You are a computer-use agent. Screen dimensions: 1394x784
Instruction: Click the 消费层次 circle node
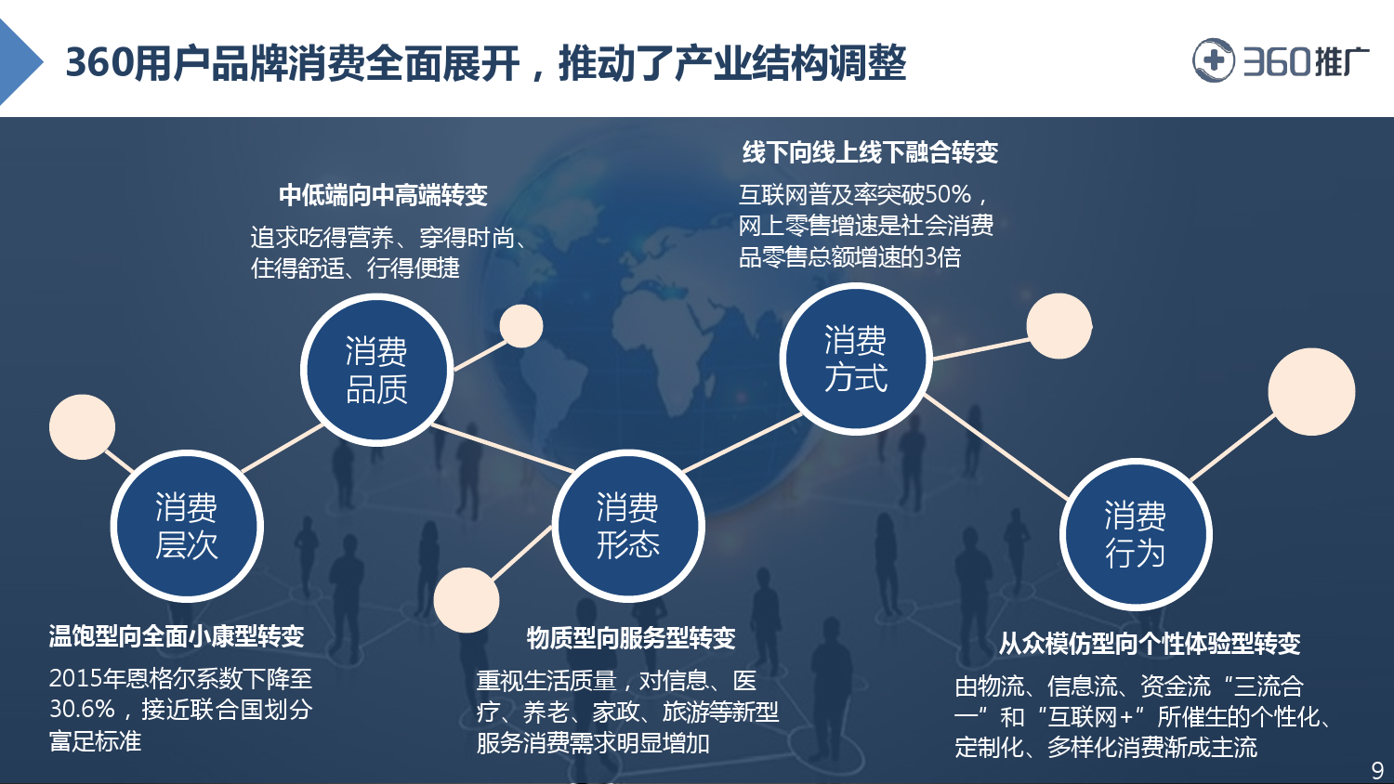coord(187,527)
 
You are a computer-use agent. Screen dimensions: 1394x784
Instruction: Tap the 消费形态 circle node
coord(628,526)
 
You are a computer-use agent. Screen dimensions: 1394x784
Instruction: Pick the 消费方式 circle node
coord(856,359)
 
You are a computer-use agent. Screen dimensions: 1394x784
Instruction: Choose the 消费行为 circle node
coord(1136,534)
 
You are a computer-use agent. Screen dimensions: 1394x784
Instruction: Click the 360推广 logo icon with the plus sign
coord(1213,60)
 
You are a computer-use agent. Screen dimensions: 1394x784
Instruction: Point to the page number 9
coord(1377,770)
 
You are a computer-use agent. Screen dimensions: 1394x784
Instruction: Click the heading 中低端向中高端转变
coord(383,195)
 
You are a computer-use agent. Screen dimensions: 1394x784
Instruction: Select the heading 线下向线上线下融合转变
coord(870,152)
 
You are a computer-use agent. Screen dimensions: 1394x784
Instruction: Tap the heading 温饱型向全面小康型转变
coord(177,636)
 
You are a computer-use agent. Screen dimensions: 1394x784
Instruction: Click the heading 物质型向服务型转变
coord(631,638)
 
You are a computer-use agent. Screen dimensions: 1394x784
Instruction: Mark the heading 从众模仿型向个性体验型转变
coord(1150,644)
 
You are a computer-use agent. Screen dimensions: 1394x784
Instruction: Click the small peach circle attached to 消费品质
coord(521,326)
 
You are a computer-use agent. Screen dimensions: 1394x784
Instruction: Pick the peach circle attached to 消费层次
coord(82,427)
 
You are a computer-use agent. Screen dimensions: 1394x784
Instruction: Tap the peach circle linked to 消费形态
coord(467,600)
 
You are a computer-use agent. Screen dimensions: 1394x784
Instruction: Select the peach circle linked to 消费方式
coord(1059,326)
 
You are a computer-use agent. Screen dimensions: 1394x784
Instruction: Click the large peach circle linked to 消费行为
coord(1312,392)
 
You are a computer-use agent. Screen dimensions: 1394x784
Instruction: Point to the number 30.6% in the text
coord(82,710)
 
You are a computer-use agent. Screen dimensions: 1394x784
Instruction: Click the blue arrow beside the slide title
coord(19,61)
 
